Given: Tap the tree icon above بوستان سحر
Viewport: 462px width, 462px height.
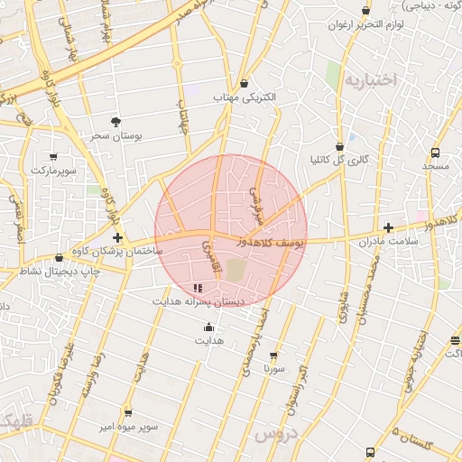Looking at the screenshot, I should click(x=116, y=121).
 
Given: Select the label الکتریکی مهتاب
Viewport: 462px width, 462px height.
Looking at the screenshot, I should click(x=244, y=97).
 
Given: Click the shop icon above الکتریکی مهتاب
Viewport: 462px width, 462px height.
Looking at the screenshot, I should click(x=245, y=83).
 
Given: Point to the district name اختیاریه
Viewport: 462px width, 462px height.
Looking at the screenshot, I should click(x=370, y=80).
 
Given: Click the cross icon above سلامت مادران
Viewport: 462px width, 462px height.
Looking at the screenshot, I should click(x=389, y=227).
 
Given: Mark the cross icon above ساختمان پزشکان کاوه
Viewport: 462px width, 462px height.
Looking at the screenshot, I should click(x=117, y=236).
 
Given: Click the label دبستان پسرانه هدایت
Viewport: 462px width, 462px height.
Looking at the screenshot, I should click(x=198, y=301).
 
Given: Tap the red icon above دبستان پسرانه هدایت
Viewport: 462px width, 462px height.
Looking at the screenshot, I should click(x=198, y=288).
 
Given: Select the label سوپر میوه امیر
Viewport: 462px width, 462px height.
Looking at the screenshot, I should click(x=128, y=426).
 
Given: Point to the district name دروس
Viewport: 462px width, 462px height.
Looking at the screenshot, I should click(x=275, y=436).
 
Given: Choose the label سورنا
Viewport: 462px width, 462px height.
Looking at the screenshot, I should click(x=273, y=369).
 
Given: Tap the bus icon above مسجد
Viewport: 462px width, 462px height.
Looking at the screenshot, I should click(x=436, y=152).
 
